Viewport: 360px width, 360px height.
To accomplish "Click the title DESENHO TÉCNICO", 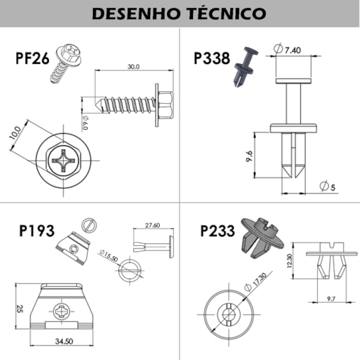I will coord(179,13).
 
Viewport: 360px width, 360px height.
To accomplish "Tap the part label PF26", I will coord(32,58).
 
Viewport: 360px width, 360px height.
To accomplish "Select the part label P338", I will coord(211,58).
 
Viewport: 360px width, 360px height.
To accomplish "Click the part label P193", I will coord(37,230).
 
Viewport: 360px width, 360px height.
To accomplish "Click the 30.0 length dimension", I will coord(133,67).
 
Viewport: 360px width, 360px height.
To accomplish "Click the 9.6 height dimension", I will coord(249,158).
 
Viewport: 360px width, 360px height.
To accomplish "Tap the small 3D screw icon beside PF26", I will coord(62,65).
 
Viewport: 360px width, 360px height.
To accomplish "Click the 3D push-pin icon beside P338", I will coord(245,67).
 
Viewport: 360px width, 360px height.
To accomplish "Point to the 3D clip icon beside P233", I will coord(261,238).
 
